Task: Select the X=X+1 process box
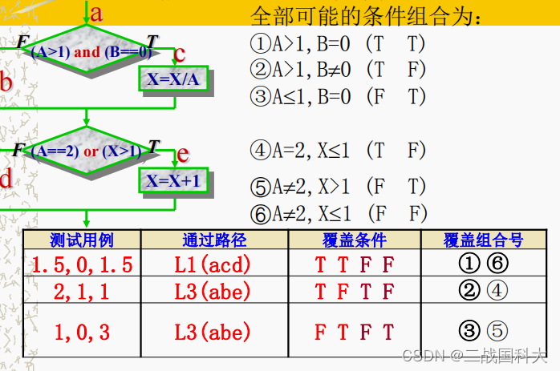click(172, 180)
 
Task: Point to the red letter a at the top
click(97, 12)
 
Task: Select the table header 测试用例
click(81, 240)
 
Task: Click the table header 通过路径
click(214, 240)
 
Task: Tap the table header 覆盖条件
click(354, 240)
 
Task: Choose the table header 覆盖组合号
click(484, 240)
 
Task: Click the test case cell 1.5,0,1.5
click(81, 264)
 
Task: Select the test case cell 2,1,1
click(81, 291)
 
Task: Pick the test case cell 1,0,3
click(81, 331)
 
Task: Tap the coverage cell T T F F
click(354, 264)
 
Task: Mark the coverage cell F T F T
click(354, 331)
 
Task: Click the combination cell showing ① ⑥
click(484, 264)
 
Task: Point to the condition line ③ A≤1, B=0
click(338, 96)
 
